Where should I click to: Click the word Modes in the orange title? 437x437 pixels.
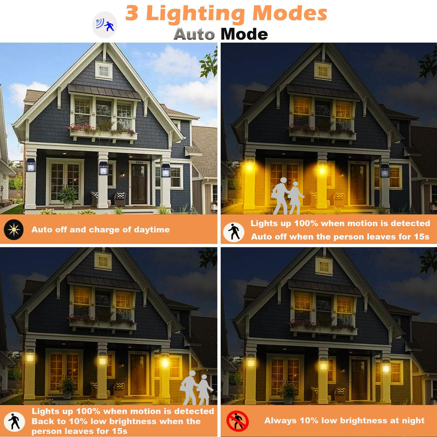point(290,13)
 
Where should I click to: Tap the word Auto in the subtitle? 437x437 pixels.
point(194,34)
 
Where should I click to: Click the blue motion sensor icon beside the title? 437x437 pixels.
point(105,25)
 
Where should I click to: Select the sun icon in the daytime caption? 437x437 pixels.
point(13,229)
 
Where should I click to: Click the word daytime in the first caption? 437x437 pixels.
point(152,230)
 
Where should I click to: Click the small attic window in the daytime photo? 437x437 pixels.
point(104,71)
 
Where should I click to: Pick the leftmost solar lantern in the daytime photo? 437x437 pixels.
point(30,165)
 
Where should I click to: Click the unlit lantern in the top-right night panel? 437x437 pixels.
point(385,171)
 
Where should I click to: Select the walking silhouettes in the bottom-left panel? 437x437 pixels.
point(197,387)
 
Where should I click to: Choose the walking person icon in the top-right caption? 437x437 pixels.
point(233,232)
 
